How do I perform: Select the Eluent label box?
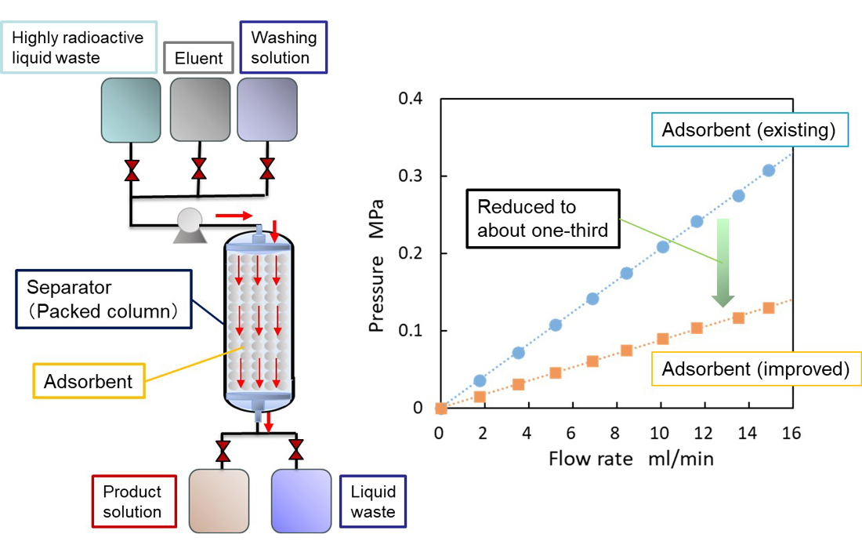click(x=198, y=58)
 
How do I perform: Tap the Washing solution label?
click(x=283, y=47)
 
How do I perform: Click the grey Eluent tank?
click(x=199, y=110)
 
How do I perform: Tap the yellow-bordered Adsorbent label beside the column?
click(x=88, y=382)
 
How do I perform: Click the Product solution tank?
click(x=219, y=499)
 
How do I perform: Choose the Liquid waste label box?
click(x=373, y=502)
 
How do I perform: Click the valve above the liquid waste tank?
click(x=296, y=450)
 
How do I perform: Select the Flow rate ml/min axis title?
click(x=631, y=459)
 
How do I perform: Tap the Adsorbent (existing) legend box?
click(x=748, y=130)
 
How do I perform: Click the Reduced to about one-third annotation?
click(x=542, y=219)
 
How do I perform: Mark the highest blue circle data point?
click(x=768, y=170)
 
